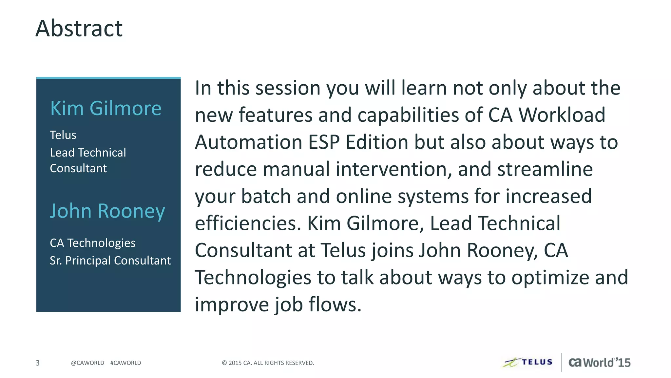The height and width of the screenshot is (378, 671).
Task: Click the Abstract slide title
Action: pos(79,29)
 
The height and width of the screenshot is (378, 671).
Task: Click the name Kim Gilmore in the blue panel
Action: pos(105,108)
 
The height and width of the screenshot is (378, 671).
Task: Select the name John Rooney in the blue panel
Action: pos(107,211)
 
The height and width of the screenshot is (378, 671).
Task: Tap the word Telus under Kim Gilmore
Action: pos(63,135)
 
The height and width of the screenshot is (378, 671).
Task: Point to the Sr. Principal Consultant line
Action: pos(110,261)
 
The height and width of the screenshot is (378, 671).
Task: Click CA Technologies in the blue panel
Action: pos(92,243)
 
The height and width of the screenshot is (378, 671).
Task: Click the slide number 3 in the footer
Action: pos(38,363)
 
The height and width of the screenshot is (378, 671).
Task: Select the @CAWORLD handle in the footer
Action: pos(87,363)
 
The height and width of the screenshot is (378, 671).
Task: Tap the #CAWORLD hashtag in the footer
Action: pos(125,363)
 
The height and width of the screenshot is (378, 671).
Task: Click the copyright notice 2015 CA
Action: pos(268,363)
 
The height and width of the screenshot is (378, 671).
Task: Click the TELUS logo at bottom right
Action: pos(528,362)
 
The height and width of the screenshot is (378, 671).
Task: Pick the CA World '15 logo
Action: pos(599,363)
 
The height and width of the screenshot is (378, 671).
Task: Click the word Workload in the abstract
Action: pos(562,115)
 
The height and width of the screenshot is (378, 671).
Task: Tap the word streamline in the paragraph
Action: pos(545,169)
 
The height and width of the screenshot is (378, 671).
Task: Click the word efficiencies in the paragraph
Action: pos(248,223)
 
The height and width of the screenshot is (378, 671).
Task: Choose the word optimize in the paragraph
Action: pos(550,278)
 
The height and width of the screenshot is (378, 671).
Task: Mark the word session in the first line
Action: pos(288,88)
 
